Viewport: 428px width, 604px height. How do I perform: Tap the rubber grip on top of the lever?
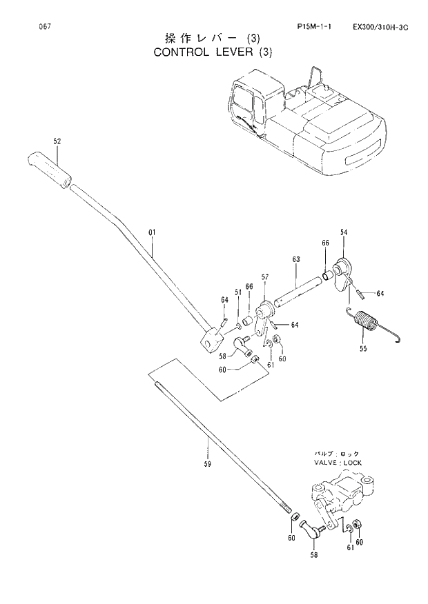pyautogui.click(x=49, y=170)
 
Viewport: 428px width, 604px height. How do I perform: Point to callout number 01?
pyautogui.click(x=153, y=234)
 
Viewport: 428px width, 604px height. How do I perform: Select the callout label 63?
pyautogui.click(x=296, y=259)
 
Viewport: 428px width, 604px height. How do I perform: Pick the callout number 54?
pyautogui.click(x=343, y=233)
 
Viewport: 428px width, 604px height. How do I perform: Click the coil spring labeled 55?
pyautogui.click(x=362, y=322)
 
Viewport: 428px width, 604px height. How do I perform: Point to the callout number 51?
pyautogui.click(x=237, y=292)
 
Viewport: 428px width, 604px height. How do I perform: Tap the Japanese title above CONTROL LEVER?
pyautogui.click(x=214, y=37)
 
